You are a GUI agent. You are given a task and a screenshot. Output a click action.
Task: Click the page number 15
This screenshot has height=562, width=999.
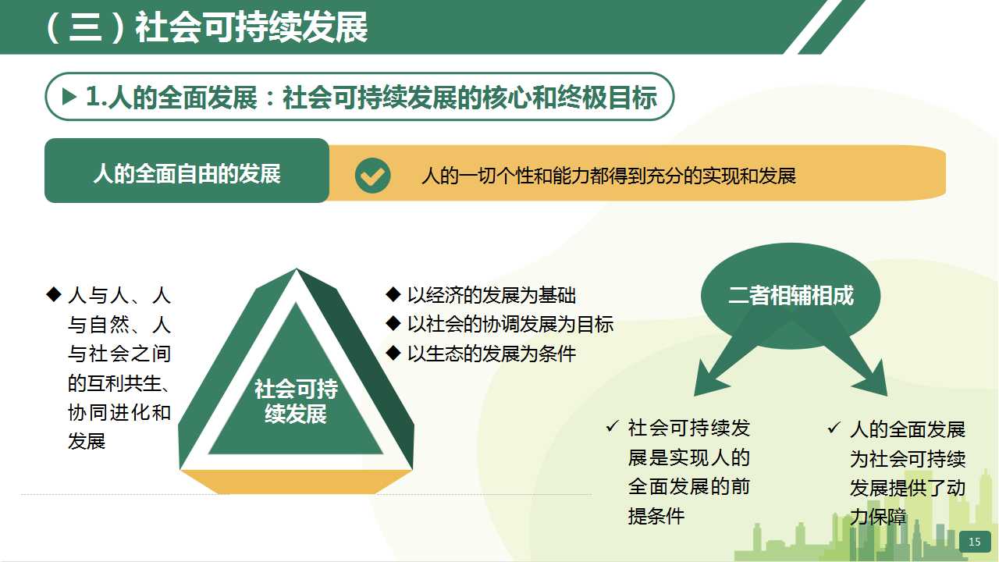(975, 542)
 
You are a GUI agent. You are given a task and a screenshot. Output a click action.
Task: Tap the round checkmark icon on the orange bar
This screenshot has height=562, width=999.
(372, 176)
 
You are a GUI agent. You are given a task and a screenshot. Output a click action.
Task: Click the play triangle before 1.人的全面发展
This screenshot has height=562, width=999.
(69, 96)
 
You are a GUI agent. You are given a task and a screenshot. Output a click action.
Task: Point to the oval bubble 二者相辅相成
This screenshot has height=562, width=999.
(791, 296)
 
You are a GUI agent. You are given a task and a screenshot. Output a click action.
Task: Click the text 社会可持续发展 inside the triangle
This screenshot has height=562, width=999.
(296, 401)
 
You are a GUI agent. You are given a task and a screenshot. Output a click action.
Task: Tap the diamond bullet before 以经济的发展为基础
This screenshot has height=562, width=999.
(393, 294)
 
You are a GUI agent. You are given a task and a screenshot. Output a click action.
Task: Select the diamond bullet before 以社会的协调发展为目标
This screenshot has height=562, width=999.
(393, 323)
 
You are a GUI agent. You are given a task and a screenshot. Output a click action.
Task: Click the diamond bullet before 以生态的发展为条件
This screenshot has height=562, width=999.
(393, 353)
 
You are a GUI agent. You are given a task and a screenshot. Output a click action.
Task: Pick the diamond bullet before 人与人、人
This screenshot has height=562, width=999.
(54, 294)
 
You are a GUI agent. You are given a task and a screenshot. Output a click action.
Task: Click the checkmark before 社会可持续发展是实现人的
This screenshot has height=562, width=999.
(613, 427)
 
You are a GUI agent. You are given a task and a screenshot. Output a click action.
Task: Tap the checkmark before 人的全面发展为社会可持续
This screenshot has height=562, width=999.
(834, 428)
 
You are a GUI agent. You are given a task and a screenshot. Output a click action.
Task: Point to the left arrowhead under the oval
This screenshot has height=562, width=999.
(710, 379)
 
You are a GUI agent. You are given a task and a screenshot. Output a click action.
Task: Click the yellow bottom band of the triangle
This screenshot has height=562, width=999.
(296, 482)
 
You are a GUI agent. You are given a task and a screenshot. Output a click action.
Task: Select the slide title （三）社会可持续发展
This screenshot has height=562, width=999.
(206, 27)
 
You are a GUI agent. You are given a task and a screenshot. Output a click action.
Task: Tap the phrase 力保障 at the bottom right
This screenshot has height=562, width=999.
(878, 517)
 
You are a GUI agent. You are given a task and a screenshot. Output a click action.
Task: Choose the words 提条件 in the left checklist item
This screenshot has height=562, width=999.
(656, 516)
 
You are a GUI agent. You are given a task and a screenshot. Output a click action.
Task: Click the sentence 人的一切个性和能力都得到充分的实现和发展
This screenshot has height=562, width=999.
(609, 176)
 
